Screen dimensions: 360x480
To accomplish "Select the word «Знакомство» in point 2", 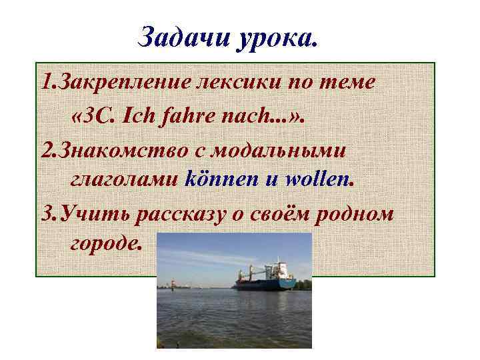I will point(126,150).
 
